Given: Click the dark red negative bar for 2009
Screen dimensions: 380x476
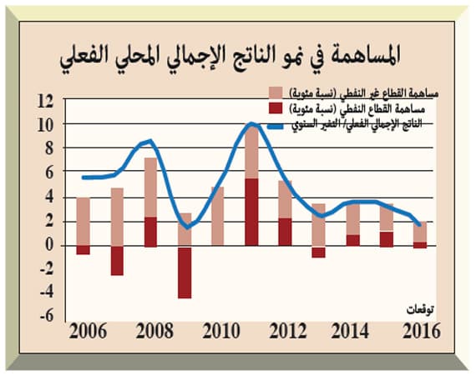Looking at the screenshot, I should [185, 272].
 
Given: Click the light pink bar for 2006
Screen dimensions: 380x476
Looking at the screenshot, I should [83, 222].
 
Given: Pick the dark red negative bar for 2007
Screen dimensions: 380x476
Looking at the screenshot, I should [117, 260].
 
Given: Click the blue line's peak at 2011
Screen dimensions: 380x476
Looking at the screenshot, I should [251, 124].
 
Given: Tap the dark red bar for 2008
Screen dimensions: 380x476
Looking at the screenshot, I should [151, 232].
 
